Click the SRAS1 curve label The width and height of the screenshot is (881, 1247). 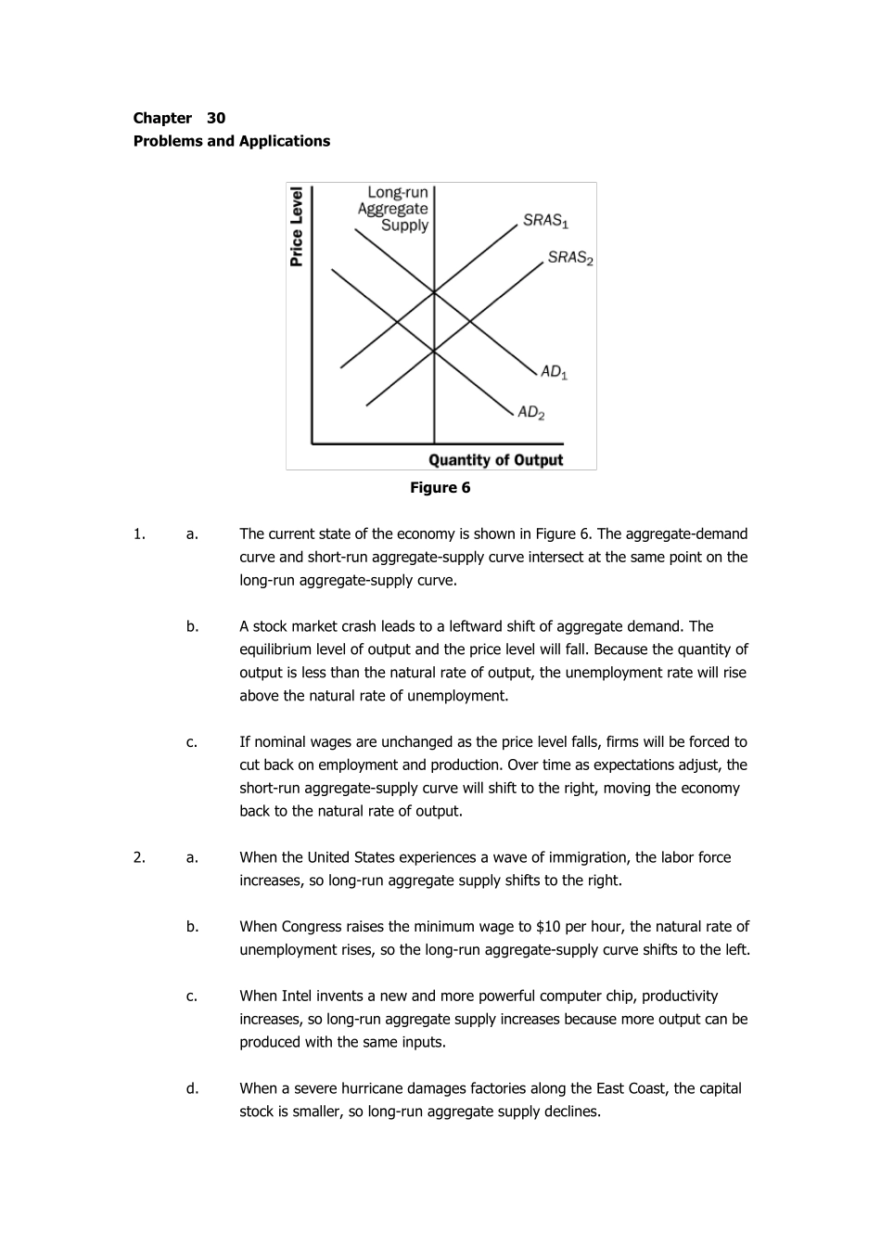[x=545, y=221]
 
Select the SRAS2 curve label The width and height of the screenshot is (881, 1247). [x=570, y=258]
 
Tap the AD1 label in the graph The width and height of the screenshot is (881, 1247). [x=554, y=372]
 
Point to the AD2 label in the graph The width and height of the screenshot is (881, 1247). [x=530, y=412]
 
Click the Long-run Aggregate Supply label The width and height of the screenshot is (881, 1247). [x=394, y=209]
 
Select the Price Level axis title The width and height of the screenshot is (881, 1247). [x=297, y=226]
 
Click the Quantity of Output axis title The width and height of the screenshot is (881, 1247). [x=495, y=460]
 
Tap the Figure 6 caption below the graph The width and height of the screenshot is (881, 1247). [x=440, y=488]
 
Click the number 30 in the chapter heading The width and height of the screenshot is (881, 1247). [x=216, y=118]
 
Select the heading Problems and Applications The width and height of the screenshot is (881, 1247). [x=232, y=141]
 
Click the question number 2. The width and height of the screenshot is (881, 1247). [x=138, y=857]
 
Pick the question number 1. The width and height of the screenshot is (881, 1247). [x=138, y=534]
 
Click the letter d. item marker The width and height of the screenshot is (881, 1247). [x=192, y=1088]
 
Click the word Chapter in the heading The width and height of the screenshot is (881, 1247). [x=162, y=118]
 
